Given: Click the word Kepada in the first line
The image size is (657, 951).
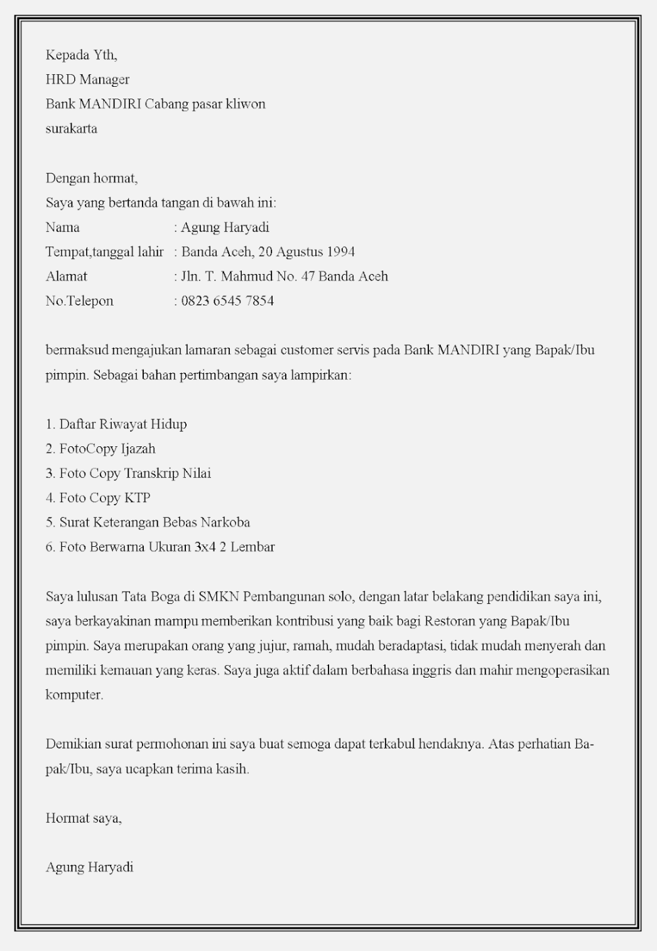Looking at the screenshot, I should [63, 55].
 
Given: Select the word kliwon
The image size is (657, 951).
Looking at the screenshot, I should [245, 104].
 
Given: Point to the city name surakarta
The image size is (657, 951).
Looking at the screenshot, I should [71, 129].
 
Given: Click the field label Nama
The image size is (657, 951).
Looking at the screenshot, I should [62, 227].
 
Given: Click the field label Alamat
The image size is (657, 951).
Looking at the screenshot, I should [66, 277].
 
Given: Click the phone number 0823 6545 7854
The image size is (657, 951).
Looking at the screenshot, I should [227, 301].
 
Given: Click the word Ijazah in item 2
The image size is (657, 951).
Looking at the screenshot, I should [137, 449].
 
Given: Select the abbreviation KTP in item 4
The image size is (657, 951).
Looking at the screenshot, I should [137, 498].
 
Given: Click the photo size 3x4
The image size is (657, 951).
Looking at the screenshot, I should [205, 547].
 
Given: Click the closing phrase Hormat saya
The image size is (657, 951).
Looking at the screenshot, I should [83, 818].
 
